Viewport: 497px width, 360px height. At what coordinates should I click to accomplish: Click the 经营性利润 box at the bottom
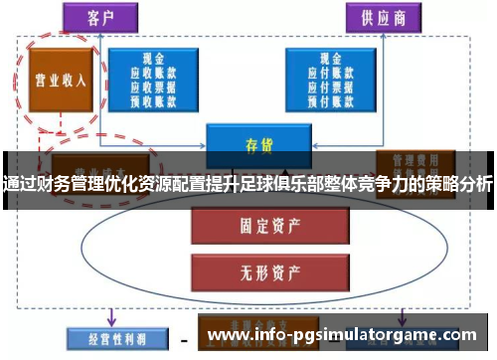click(110, 339)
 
